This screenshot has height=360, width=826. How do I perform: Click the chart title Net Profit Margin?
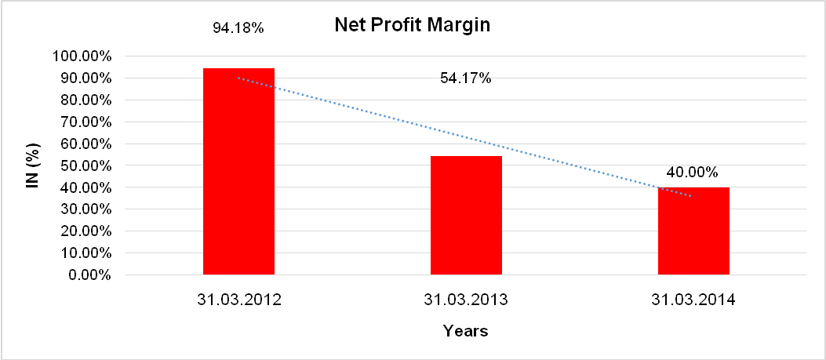pyautogui.click(x=412, y=25)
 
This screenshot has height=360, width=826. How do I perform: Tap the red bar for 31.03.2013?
pyautogui.click(x=466, y=216)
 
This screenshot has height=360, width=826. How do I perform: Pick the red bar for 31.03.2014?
pyautogui.click(x=693, y=231)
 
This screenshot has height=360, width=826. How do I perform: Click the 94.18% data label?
pyautogui.click(x=238, y=27)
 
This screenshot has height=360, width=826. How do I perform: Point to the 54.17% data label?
pyautogui.click(x=466, y=78)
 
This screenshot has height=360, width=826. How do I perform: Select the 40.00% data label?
pyautogui.click(x=693, y=172)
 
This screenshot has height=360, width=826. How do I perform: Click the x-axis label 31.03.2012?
pyautogui.click(x=238, y=300)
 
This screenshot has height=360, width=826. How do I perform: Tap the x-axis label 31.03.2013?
pyautogui.click(x=466, y=300)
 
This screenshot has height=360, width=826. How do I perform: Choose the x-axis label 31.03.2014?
pyautogui.click(x=693, y=300)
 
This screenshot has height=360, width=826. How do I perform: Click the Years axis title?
pyautogui.click(x=465, y=331)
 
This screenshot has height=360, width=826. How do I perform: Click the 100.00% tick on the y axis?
pyautogui.click(x=82, y=56)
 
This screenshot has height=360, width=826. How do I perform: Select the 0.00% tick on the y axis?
pyautogui.click(x=88, y=275)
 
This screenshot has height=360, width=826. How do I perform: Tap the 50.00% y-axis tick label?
pyautogui.click(x=85, y=165)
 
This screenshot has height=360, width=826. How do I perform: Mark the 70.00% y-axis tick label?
pyautogui.click(x=85, y=122)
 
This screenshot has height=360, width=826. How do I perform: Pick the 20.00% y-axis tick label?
pyautogui.click(x=85, y=231)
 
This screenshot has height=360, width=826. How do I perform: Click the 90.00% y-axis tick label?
pyautogui.click(x=85, y=78)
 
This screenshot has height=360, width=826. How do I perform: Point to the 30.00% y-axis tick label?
pyautogui.click(x=85, y=209)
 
